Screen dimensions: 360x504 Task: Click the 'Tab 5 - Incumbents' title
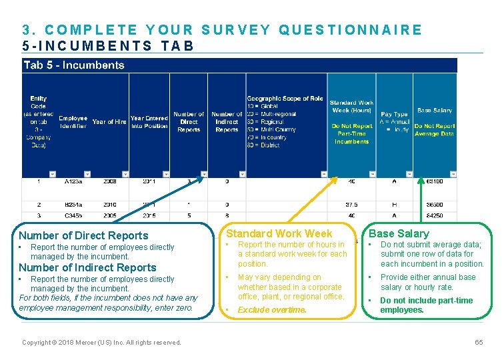(x=74, y=65)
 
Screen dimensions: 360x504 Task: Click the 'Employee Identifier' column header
(x=73, y=122)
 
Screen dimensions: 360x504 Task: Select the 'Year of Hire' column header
(x=109, y=122)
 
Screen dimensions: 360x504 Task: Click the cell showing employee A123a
(x=73, y=181)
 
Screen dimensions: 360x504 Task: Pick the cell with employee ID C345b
(x=73, y=216)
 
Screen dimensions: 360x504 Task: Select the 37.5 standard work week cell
(x=351, y=205)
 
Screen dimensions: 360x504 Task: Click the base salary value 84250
(x=435, y=216)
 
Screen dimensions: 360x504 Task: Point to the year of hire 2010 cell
(x=109, y=205)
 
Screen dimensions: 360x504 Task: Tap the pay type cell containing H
(x=393, y=205)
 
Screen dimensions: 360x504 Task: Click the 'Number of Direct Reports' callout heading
(x=83, y=235)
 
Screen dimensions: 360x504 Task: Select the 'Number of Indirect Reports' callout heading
(x=87, y=268)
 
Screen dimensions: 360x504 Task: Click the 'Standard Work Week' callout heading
(x=279, y=233)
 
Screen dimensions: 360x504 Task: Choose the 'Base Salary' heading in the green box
(x=399, y=233)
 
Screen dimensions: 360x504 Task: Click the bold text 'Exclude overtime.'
(x=272, y=310)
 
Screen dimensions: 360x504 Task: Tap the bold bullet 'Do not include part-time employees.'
(x=426, y=305)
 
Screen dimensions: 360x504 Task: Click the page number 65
(x=478, y=342)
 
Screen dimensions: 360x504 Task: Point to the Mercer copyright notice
(x=101, y=343)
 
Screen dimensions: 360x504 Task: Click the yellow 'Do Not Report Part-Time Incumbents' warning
(x=351, y=133)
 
